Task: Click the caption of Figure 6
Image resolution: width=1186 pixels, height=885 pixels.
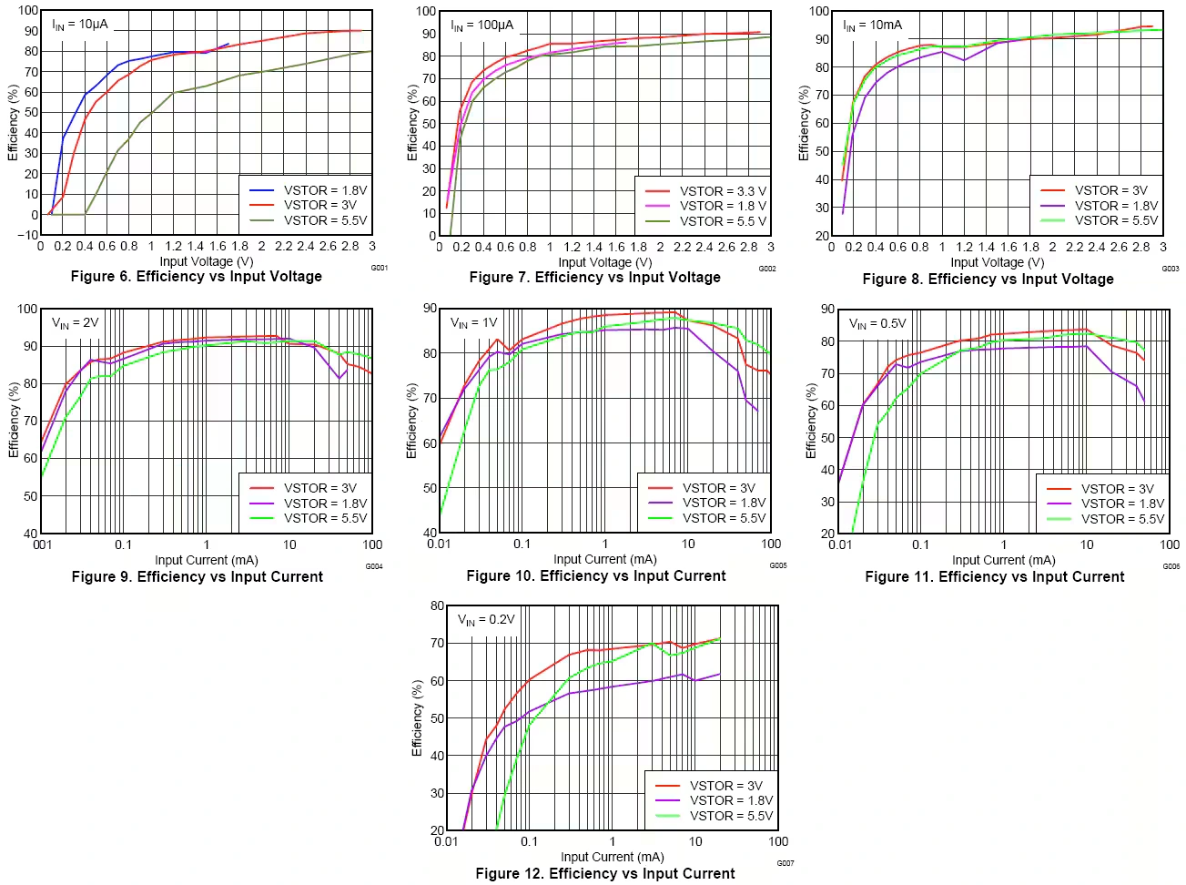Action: point(196,277)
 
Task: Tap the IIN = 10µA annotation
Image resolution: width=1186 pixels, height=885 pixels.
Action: point(80,25)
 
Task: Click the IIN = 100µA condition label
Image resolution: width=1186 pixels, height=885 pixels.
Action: point(482,25)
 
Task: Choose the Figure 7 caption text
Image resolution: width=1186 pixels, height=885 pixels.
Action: point(594,278)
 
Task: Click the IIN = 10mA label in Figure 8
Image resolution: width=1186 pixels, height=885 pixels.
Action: point(872,25)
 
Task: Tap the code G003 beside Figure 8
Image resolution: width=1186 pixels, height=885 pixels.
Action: point(1170,269)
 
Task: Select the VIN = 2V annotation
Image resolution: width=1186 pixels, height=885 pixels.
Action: point(76,323)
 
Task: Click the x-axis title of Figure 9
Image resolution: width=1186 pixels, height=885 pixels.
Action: point(207,560)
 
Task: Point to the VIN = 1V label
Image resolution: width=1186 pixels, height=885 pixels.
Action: point(474,323)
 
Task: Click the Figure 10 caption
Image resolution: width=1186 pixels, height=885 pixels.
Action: point(595,576)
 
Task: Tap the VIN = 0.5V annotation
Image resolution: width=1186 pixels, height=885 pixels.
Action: point(877,324)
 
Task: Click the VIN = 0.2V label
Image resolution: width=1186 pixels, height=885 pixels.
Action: point(486,620)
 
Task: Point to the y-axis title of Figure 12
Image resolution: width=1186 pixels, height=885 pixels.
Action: point(417,717)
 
